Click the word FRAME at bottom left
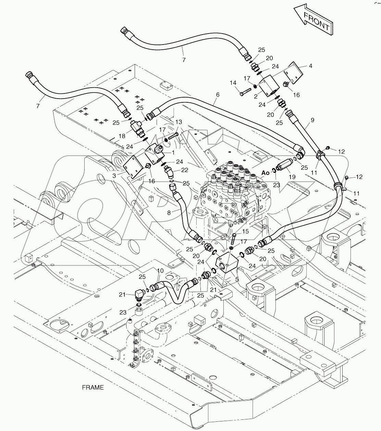pyautogui.click(x=93, y=388)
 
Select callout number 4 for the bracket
pyautogui.click(x=310, y=66)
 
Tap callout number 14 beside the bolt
pyautogui.click(x=233, y=83)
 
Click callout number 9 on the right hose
pyautogui.click(x=312, y=120)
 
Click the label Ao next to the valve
pyautogui.click(x=266, y=173)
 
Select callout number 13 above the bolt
pyautogui.click(x=179, y=122)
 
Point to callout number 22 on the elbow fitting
pyautogui.click(x=185, y=170)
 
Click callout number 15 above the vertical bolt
pyautogui.click(x=245, y=231)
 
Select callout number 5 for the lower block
pyautogui.click(x=237, y=279)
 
